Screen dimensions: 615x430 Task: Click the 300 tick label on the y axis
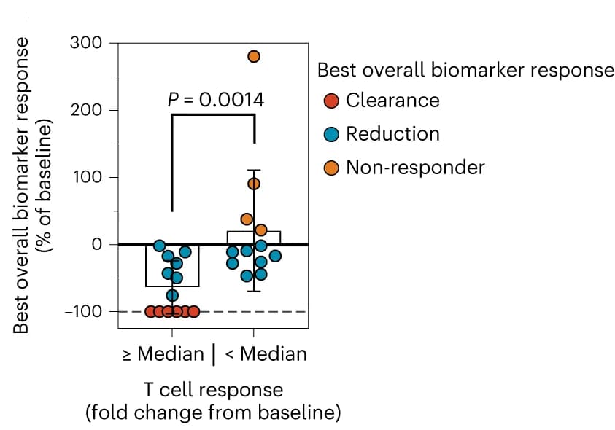86,43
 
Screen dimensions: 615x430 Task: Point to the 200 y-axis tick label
86,110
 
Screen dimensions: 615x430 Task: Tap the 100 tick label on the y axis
87,177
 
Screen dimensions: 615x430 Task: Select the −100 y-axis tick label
83,312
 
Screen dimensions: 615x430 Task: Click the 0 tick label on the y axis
96,245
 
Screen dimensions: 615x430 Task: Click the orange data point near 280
254,56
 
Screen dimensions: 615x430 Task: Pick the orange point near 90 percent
254,184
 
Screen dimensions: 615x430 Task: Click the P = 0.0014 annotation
216,100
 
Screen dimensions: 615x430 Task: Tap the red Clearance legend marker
331,101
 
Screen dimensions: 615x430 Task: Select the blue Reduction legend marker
331,134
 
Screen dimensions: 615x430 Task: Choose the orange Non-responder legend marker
331,168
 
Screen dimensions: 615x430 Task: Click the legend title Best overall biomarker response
465,71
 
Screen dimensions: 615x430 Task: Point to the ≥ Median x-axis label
163,354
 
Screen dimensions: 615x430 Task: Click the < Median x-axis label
266,354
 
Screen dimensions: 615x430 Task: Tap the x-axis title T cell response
213,390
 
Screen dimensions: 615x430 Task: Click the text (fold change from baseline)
213,413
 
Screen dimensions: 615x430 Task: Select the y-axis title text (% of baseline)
44,186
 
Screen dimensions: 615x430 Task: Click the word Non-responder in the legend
415,168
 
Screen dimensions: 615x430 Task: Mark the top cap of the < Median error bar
254,170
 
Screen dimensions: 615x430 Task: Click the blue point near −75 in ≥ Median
172,295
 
